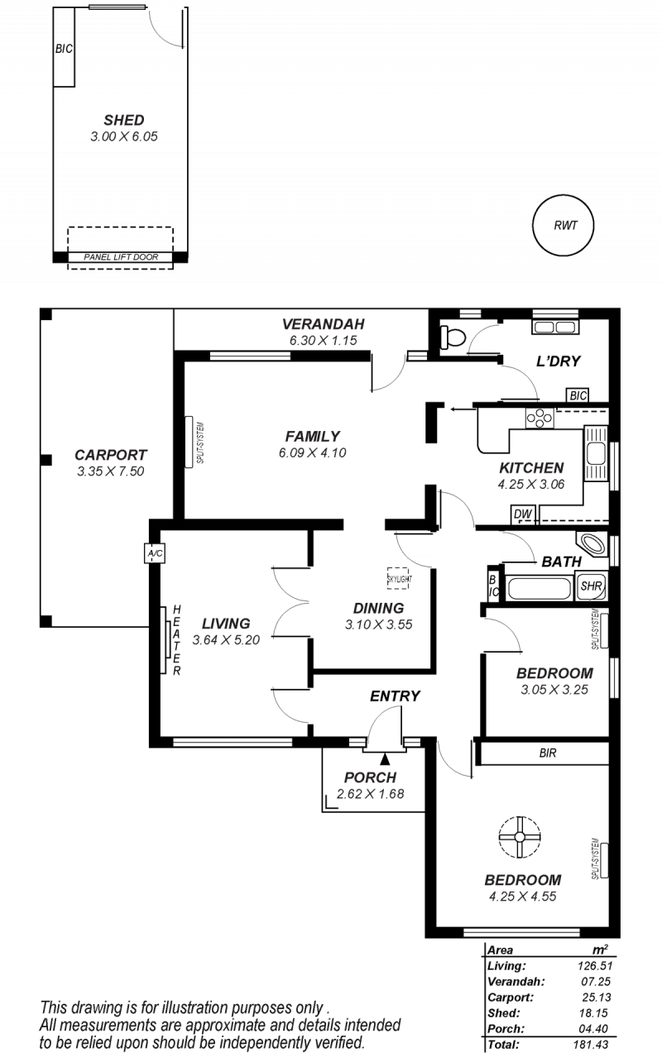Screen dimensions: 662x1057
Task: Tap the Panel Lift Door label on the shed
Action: (x=121, y=257)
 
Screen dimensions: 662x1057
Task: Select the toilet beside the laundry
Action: (x=453, y=337)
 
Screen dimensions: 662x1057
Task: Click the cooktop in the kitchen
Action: (x=540, y=418)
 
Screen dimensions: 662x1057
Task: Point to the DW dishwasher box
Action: (x=523, y=514)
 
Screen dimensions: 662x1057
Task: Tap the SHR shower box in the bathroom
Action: (x=591, y=586)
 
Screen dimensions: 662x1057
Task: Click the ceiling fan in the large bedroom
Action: (x=520, y=838)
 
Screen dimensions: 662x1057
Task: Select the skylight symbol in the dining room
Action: (x=398, y=578)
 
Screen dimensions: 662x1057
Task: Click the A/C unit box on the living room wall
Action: (x=155, y=553)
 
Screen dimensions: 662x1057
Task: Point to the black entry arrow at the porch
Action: (x=386, y=758)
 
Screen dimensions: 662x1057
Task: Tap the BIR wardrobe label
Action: (x=548, y=753)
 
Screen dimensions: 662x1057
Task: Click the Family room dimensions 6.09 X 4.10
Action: (x=312, y=453)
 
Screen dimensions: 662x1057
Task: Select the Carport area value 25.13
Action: (x=597, y=997)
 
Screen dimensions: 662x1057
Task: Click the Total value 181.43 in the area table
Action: (x=591, y=1045)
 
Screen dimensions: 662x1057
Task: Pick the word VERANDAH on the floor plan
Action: (x=324, y=324)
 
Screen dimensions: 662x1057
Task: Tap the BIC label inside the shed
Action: (x=64, y=49)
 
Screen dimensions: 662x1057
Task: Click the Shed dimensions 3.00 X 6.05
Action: (x=124, y=136)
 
